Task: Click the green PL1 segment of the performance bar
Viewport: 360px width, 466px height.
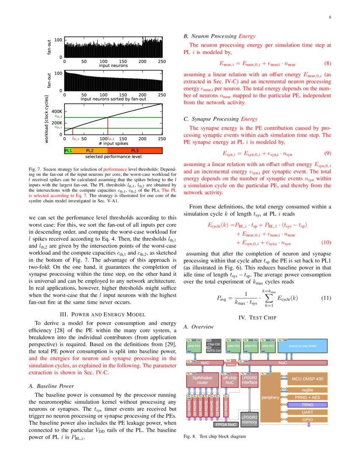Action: pos(68,150)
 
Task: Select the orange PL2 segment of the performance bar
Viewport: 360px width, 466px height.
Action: pos(90,150)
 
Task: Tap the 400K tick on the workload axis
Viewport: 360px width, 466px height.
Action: pos(57,112)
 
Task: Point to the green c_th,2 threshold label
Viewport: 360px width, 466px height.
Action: pos(58,116)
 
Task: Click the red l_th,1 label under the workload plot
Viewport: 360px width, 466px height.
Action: pos(75,139)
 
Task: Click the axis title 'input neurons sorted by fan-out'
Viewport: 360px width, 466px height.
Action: pos(113,99)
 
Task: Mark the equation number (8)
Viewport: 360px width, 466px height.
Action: pos(327,64)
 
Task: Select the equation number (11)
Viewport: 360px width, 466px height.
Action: pos(325,298)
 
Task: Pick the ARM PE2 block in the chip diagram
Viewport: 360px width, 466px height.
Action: pos(194,346)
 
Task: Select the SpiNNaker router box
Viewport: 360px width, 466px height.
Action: pos(202,380)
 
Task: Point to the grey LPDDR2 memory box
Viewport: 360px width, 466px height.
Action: pos(249,419)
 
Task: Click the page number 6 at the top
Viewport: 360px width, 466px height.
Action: pos(329,17)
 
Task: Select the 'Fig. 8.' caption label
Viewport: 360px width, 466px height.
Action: pos(190,436)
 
